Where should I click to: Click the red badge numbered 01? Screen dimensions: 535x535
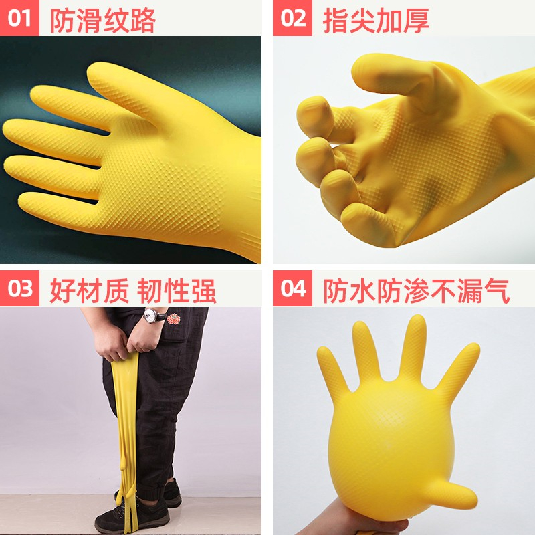click(x=19, y=18)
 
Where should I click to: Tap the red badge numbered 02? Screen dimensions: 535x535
click(x=292, y=18)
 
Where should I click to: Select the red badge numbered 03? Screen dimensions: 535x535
click(x=19, y=288)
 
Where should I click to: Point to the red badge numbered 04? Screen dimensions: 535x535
click(x=292, y=288)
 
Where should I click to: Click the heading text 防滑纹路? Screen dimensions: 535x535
click(x=103, y=21)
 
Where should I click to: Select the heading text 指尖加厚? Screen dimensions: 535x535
click(x=376, y=21)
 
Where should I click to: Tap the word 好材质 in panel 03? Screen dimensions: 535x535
click(x=89, y=291)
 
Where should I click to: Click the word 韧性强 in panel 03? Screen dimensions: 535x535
click(x=177, y=291)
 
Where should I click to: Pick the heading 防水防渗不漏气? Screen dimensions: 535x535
click(x=416, y=291)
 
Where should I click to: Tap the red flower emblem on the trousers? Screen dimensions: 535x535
click(x=174, y=319)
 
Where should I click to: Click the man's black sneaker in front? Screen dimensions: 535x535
click(x=133, y=516)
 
